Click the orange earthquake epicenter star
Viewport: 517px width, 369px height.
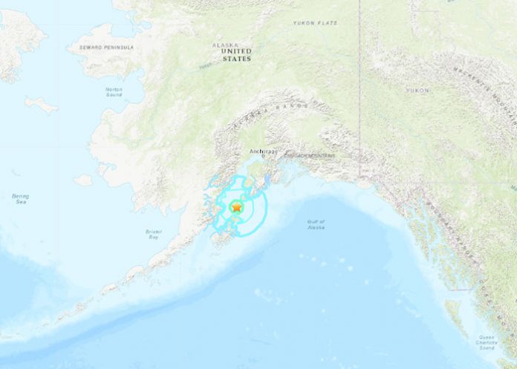(236, 208)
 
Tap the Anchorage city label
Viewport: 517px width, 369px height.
(261, 151)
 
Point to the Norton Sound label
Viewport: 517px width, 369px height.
(114, 92)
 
